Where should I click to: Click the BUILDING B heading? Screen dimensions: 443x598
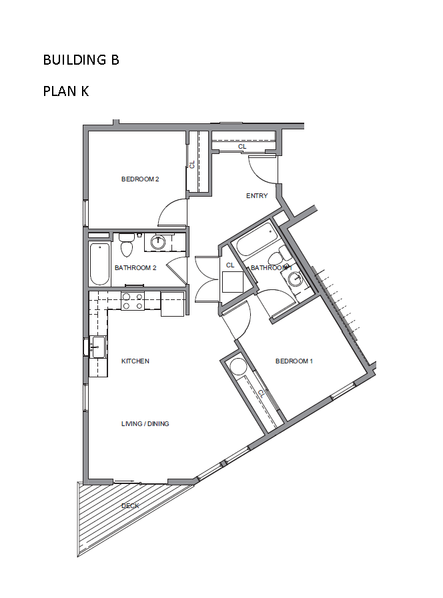pos(81,60)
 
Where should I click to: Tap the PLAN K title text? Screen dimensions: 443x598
pos(65,91)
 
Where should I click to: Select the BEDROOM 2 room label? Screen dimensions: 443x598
pos(140,179)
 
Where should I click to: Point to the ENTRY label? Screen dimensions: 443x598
pos(257,195)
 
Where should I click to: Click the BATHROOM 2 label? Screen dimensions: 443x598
pos(135,268)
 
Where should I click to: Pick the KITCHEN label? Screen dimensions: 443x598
pos(135,361)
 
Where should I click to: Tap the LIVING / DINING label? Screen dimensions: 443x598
pos(145,423)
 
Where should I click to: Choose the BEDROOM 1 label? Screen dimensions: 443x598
pos(294,361)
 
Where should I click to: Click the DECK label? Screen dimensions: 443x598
pos(130,506)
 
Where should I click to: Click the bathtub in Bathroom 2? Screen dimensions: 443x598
pos(100,264)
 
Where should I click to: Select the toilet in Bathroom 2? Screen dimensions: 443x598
pos(127,245)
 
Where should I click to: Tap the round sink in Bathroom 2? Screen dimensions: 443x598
pos(157,242)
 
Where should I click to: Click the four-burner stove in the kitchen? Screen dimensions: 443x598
pos(132,301)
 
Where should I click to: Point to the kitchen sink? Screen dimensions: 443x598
pos(97,347)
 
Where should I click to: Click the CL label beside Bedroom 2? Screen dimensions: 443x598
pos(192,165)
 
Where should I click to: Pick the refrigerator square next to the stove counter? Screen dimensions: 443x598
pos(173,304)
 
